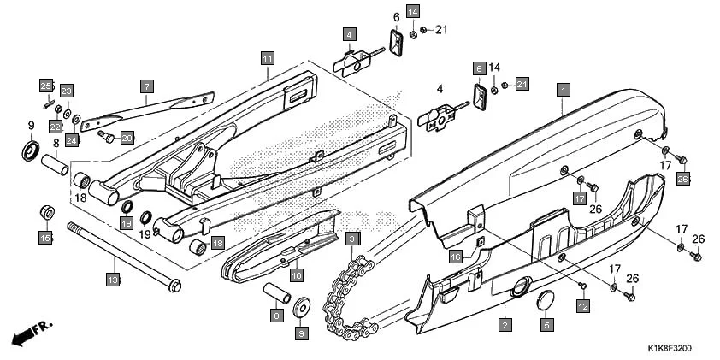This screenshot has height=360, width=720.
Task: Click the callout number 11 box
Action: [x=268, y=58]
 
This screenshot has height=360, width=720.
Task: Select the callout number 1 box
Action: [x=564, y=88]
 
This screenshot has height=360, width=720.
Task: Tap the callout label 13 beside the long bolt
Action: [x=113, y=279]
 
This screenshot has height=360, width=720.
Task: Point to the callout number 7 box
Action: [x=146, y=86]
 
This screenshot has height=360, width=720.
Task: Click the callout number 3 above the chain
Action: [x=354, y=237]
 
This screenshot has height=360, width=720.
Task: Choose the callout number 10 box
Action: [x=296, y=275]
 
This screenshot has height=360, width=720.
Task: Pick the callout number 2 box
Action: [x=505, y=325]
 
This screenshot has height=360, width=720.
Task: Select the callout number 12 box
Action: [x=583, y=305]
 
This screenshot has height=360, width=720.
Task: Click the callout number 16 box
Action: [x=456, y=256]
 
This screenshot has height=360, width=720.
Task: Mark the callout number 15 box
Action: [x=45, y=237]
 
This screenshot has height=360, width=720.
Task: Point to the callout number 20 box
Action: [x=127, y=138]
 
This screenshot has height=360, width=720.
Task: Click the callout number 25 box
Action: [x=46, y=84]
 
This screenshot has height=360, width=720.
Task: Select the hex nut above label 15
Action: [x=47, y=212]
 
